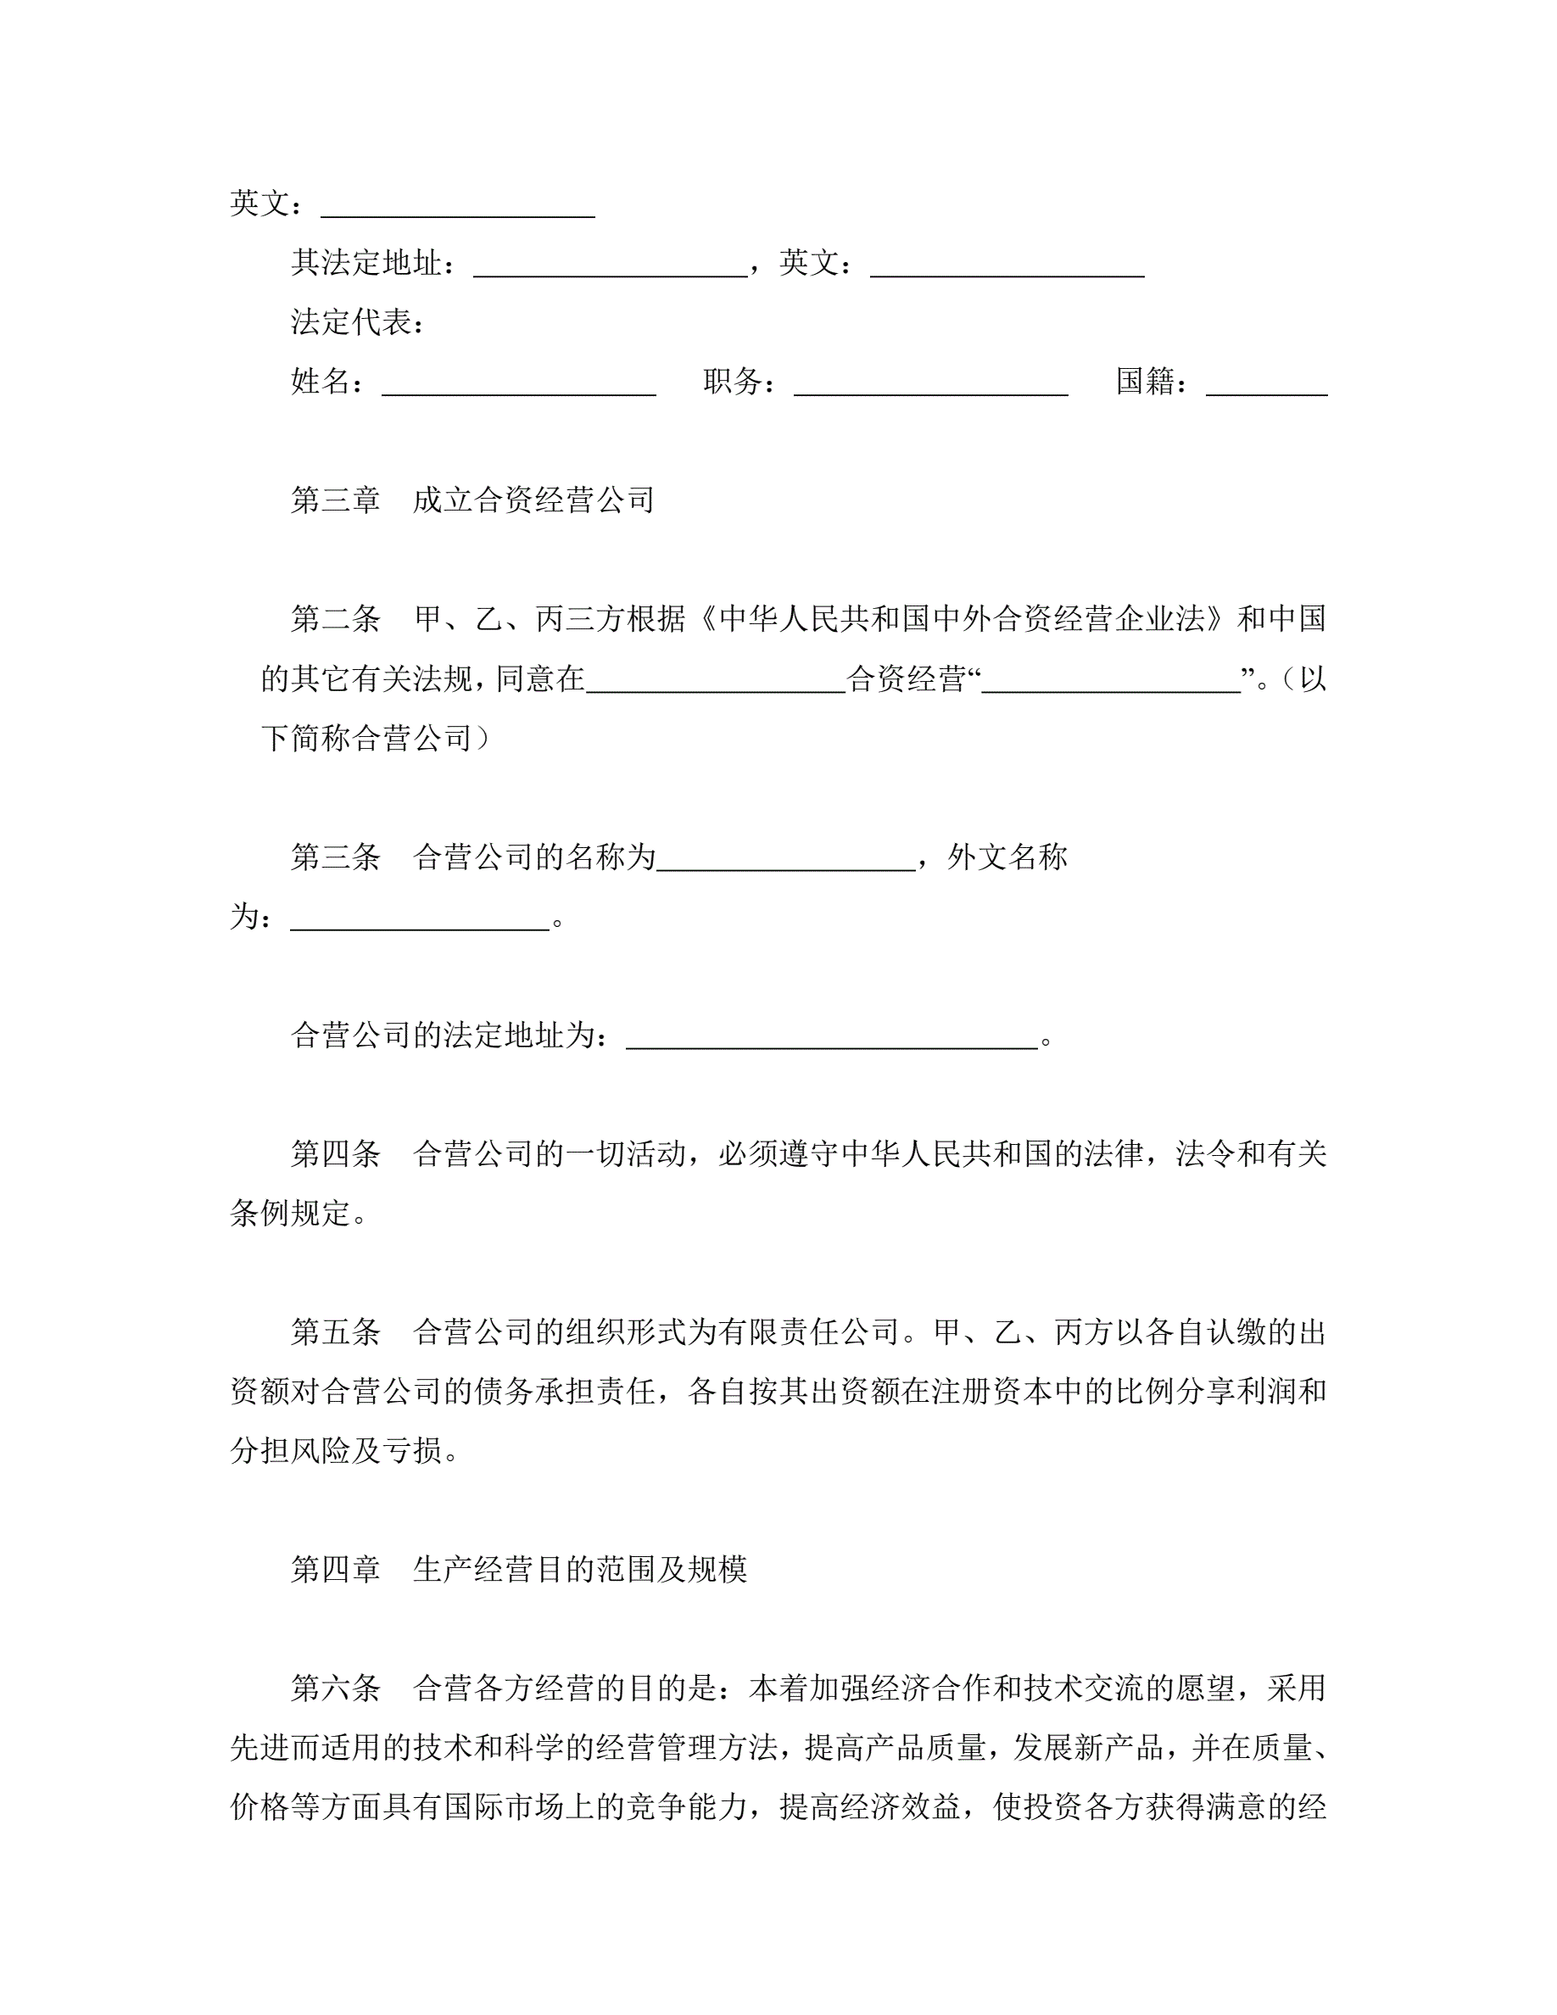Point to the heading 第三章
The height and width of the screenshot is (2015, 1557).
pos(336,500)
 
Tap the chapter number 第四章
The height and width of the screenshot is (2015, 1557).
pos(336,1568)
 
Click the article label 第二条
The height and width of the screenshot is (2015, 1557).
pos(336,619)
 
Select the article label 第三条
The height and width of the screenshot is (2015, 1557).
pos(336,857)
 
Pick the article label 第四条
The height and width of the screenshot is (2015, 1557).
pos(336,1153)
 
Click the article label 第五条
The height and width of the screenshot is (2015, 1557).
pos(336,1331)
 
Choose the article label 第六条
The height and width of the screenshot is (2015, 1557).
pos(336,1688)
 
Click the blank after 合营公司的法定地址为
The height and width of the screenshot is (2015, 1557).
pos(832,1037)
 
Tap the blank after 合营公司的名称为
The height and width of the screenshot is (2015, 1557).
pos(786,859)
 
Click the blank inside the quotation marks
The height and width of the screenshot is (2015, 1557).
pos(1111,681)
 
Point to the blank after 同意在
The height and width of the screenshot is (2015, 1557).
pos(716,681)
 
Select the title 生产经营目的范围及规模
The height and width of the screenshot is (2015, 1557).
pos(579,1568)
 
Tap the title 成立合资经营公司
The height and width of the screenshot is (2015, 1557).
pos(533,500)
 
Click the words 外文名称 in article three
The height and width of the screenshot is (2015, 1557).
pos(1007,857)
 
